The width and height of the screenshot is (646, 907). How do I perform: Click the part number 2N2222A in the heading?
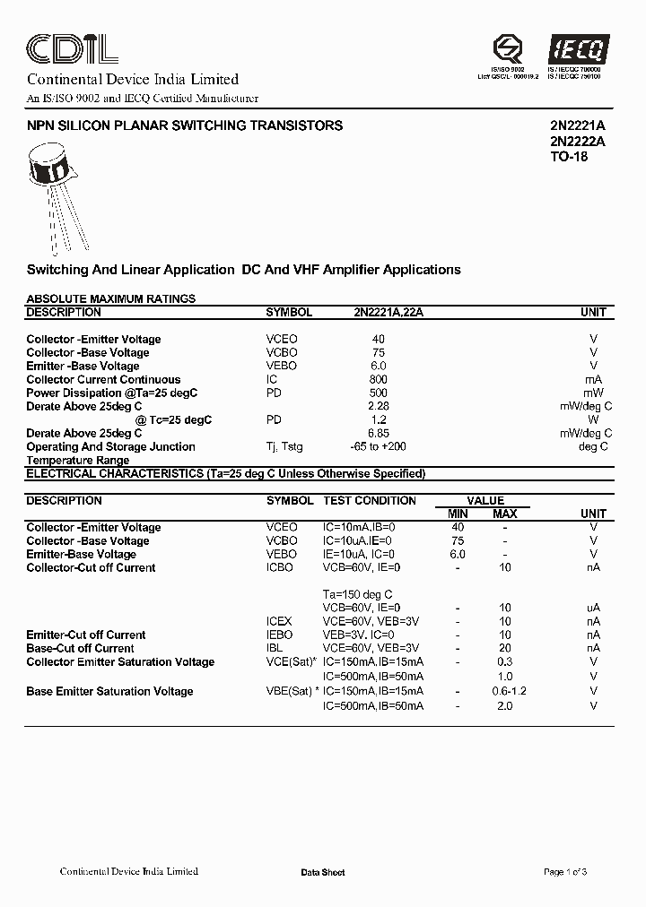coord(577,142)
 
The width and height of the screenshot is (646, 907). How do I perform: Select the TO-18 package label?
coord(568,157)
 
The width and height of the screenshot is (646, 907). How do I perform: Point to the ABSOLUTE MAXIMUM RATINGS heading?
coord(110,298)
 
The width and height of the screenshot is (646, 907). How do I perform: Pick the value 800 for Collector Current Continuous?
coord(378,379)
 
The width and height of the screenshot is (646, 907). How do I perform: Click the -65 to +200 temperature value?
coord(378,446)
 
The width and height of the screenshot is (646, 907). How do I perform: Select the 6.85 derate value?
coord(378,433)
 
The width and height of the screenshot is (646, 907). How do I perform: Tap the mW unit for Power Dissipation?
coord(593,393)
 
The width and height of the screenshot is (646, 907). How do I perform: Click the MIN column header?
coord(458,514)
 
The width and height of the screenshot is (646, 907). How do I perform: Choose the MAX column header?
coord(504,514)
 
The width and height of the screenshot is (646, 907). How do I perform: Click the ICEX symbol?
coord(280,621)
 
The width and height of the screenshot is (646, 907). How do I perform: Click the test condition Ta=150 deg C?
coord(357,594)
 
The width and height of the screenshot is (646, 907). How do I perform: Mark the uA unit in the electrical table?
coord(593,608)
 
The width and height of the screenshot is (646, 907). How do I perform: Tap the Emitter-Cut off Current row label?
coord(86,635)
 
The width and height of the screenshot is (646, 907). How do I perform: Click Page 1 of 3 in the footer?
coord(565,872)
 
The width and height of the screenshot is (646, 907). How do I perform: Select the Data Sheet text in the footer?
coord(322,872)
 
